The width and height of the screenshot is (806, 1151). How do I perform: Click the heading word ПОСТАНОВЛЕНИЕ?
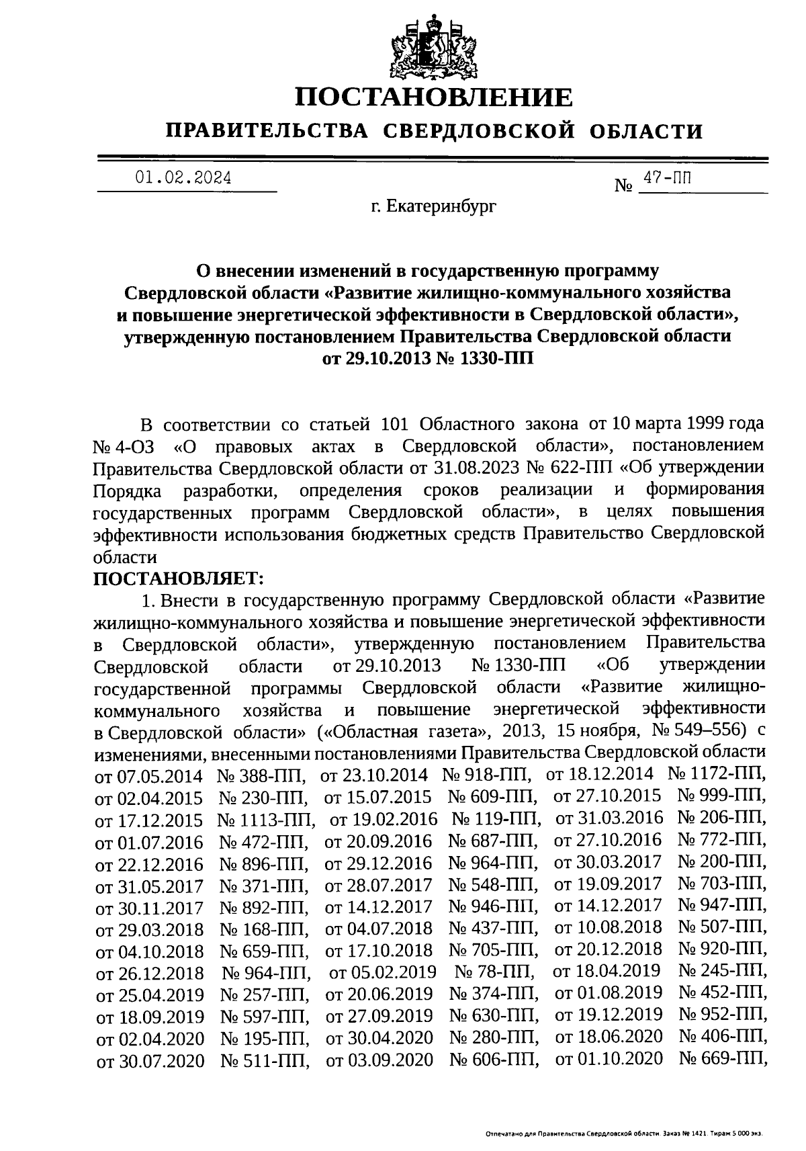[435, 97]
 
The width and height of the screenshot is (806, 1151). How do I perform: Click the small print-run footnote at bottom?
[625, 1133]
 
